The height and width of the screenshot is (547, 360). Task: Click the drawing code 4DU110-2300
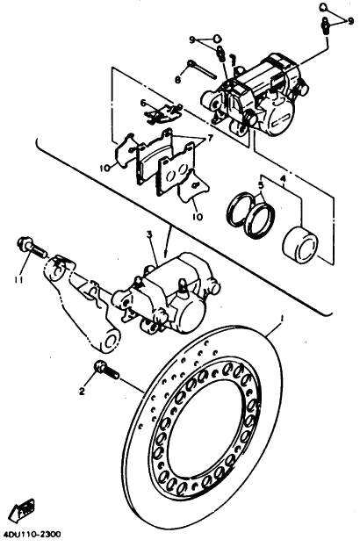(32, 535)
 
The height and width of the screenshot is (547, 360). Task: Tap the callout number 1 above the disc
(283, 318)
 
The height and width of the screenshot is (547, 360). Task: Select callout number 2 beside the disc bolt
(82, 392)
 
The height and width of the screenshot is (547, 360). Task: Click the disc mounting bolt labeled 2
(106, 371)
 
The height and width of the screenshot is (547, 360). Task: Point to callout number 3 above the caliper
(149, 235)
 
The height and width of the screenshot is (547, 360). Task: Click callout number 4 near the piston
(284, 179)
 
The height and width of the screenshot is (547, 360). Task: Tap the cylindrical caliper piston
(299, 244)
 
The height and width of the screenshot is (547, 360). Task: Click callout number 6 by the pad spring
(142, 104)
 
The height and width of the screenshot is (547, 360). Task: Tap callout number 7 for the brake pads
(211, 139)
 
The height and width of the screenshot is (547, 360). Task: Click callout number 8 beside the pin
(177, 80)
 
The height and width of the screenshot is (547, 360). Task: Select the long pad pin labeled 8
(202, 69)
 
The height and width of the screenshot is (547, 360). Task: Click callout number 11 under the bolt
(18, 279)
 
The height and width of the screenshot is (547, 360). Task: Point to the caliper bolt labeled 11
(32, 248)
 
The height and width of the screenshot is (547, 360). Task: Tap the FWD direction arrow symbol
(22, 510)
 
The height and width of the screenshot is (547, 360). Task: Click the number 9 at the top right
(351, 22)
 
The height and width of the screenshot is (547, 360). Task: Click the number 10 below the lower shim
(198, 217)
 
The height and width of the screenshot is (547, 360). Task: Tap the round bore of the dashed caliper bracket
(111, 342)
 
